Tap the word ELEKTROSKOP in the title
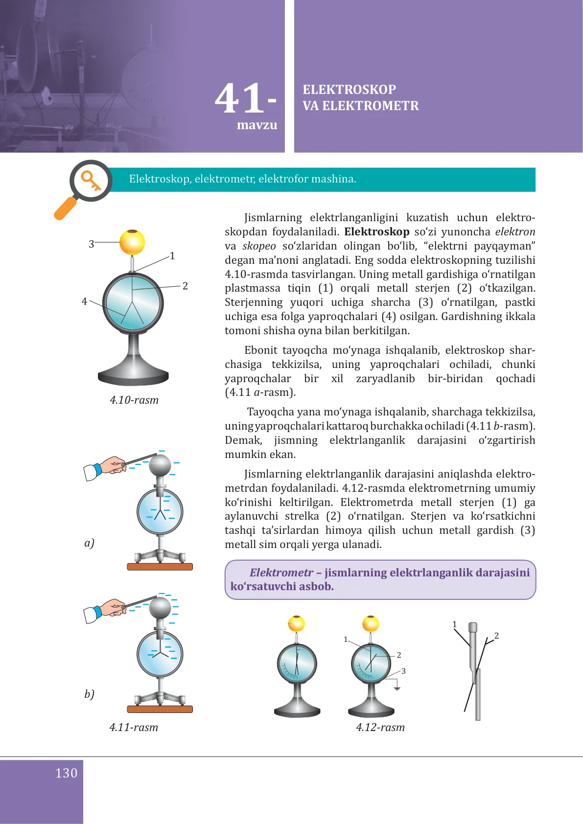[x=349, y=90]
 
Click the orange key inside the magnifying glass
[x=91, y=181]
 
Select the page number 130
[x=66, y=773]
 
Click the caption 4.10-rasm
[x=134, y=400]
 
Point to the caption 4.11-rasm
[x=134, y=728]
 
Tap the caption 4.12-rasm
[x=380, y=728]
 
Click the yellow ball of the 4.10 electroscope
[x=132, y=242]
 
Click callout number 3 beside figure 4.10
[x=92, y=244]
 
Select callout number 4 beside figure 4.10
[x=84, y=301]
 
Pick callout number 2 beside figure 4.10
[x=185, y=286]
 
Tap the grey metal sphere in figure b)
[x=160, y=608]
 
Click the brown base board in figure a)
[x=160, y=567]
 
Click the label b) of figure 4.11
[x=89, y=694]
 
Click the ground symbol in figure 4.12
[x=397, y=687]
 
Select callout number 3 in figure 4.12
[x=403, y=671]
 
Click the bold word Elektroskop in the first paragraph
[x=376, y=232]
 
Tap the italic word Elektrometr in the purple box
[x=281, y=572]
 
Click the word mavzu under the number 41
[x=257, y=125]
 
